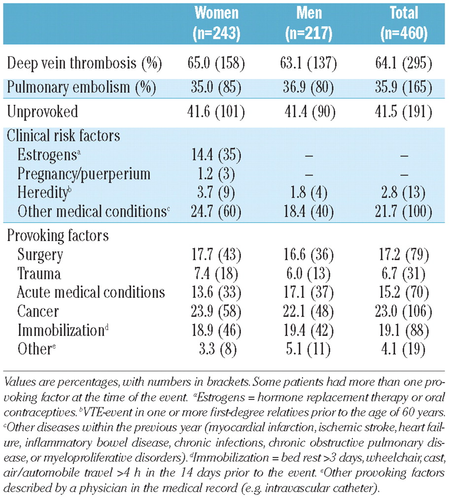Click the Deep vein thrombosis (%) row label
pyautogui.click(x=81, y=64)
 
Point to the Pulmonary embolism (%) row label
pyautogui.click(x=81, y=87)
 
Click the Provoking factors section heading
pyautogui.click(x=58, y=235)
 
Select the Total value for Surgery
pyautogui.click(x=404, y=255)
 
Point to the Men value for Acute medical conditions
pyautogui.click(x=310, y=292)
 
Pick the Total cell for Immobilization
pyautogui.click(x=404, y=330)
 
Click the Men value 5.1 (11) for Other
pyautogui.click(x=310, y=349)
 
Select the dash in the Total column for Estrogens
pyautogui.click(x=404, y=155)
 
